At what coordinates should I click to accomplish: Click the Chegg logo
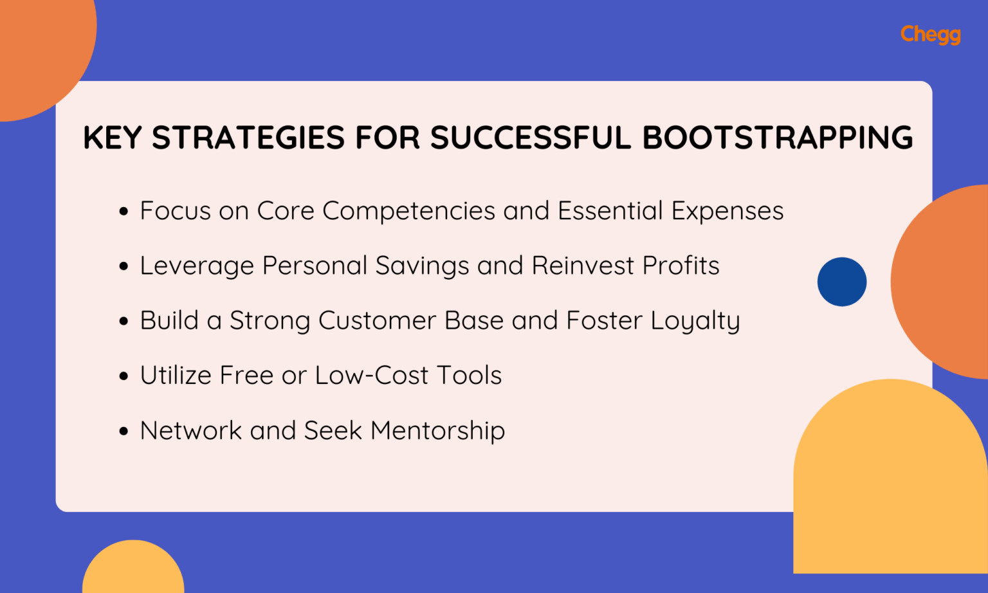coord(930,34)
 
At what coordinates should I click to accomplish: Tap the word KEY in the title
coord(112,138)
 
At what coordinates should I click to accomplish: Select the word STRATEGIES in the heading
coord(248,138)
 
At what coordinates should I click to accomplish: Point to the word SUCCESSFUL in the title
coord(530,138)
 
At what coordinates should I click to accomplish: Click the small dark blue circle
coord(841,282)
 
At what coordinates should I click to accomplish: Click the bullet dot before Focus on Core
coord(124,212)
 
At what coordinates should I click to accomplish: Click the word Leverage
coord(196,266)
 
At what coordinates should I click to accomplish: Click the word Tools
coord(469,376)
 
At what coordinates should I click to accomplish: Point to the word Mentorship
coord(437,431)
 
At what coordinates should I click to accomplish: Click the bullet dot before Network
coord(124,431)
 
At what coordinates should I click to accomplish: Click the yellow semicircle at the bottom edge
coord(133,569)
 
